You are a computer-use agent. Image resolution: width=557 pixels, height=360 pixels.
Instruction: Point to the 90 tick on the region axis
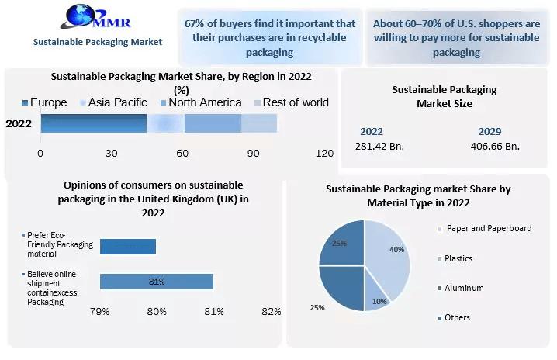tap(254, 154)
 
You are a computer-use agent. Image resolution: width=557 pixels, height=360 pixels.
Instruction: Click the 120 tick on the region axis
tap(324, 154)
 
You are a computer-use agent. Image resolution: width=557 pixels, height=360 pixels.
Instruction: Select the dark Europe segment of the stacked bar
tap(93, 123)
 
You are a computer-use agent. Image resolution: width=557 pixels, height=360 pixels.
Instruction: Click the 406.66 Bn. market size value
tap(495, 146)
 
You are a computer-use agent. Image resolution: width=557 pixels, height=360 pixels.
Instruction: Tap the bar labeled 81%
tap(156, 282)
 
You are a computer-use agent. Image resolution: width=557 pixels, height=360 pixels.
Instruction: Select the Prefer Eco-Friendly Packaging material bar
tap(127, 246)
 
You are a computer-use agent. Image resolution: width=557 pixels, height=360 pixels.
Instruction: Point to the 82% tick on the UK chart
tap(271, 312)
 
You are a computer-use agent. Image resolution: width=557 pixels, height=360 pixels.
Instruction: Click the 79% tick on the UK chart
tap(99, 312)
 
